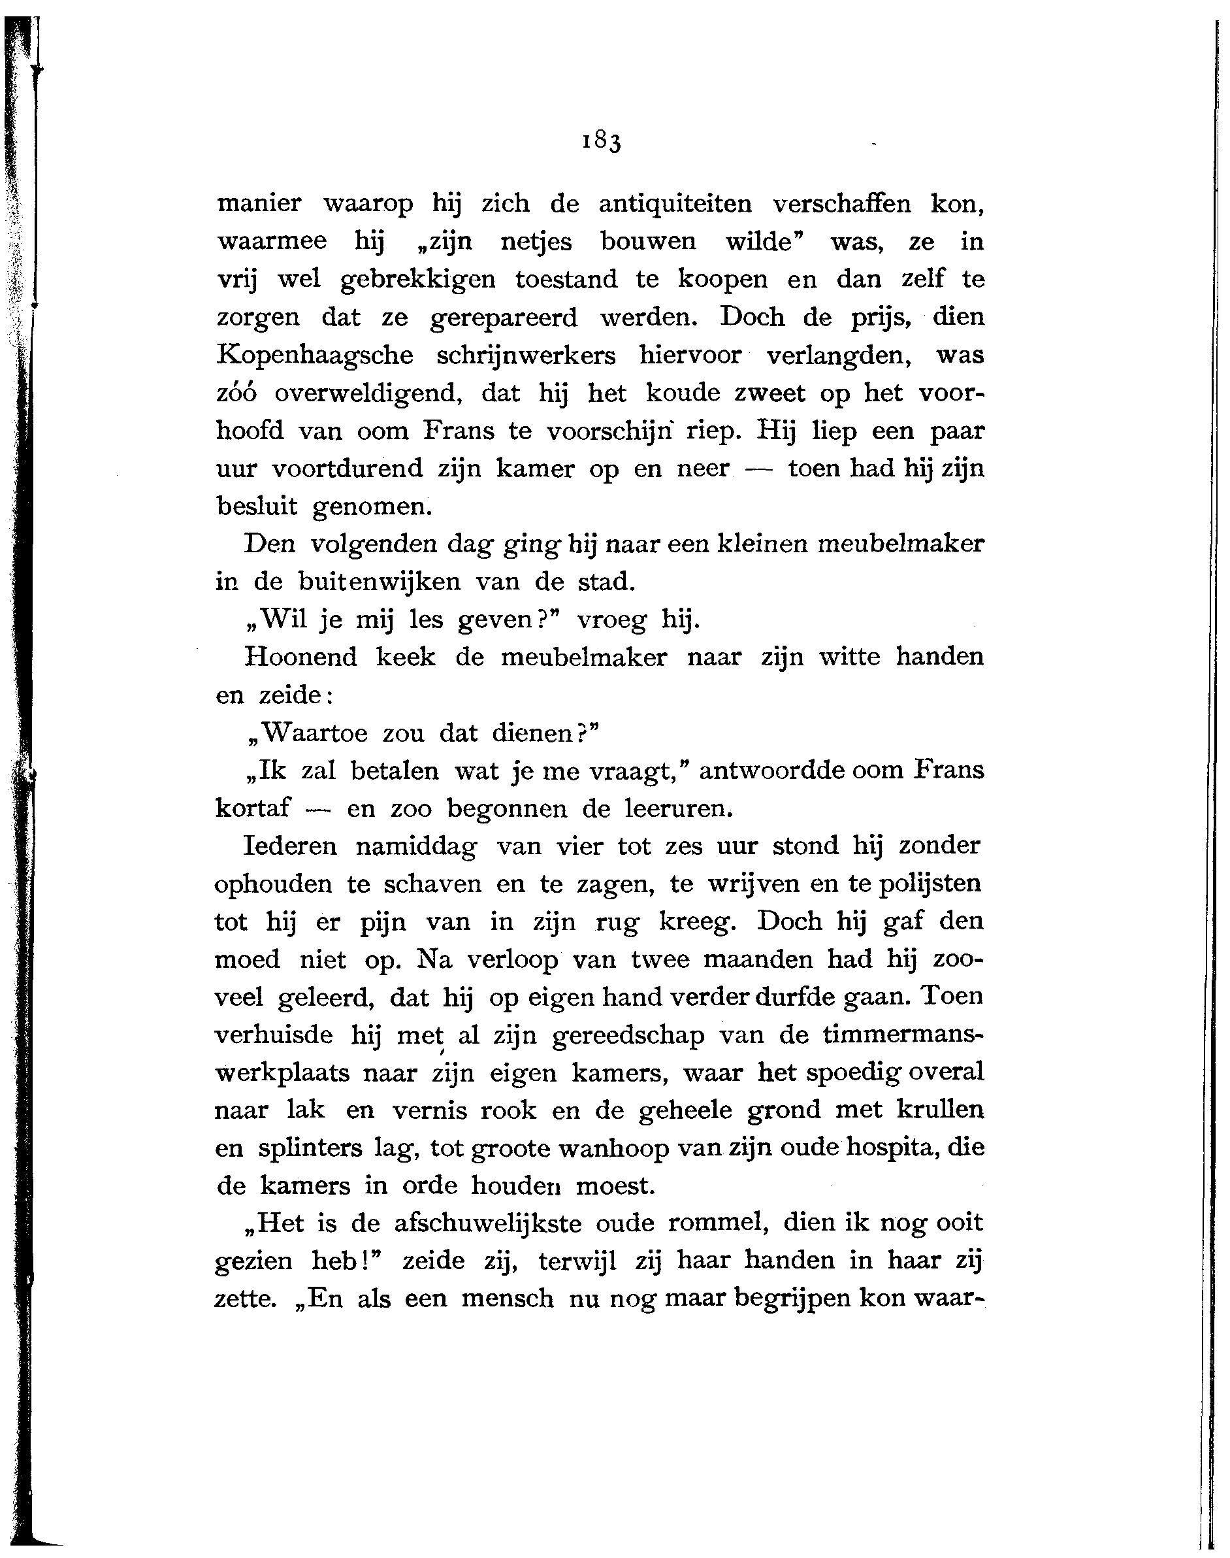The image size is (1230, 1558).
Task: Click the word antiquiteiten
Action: click(x=675, y=204)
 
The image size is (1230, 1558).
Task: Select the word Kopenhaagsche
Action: click(x=316, y=356)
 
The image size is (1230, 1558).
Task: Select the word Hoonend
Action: click(x=300, y=657)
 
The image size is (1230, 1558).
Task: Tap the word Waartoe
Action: click(x=314, y=733)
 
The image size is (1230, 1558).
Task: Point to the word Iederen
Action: click(x=290, y=846)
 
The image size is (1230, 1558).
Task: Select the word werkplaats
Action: click(x=282, y=1073)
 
